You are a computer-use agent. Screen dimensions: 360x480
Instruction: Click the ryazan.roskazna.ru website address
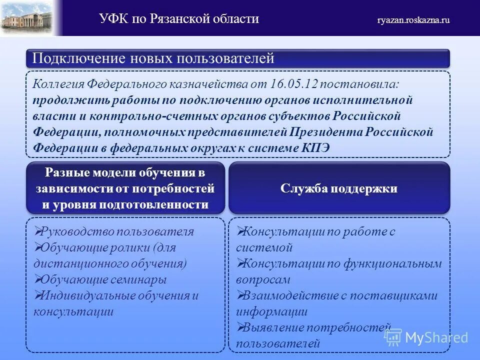(413, 20)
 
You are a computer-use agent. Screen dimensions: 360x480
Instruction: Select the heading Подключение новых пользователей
(153, 58)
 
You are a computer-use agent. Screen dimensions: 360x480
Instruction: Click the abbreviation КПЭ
(315, 148)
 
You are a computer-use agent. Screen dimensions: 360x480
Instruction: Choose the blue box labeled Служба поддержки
(339, 188)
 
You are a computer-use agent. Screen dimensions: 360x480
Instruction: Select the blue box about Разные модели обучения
(125, 188)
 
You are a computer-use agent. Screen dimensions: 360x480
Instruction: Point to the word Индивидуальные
(87, 295)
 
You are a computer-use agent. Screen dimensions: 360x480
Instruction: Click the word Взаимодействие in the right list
(282, 295)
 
